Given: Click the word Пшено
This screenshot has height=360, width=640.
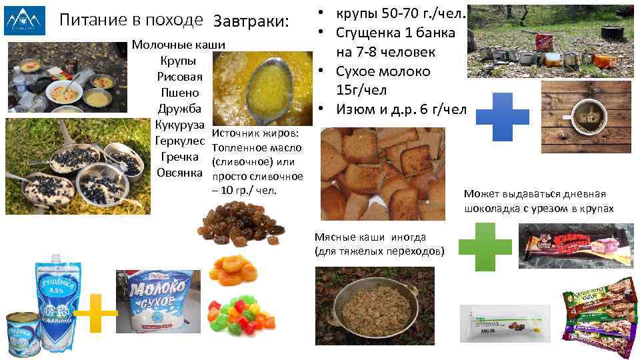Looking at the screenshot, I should click(x=178, y=93).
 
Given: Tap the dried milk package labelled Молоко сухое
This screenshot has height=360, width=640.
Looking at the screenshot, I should click(x=157, y=303).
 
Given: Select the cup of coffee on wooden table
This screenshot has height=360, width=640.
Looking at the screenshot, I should click(x=587, y=113).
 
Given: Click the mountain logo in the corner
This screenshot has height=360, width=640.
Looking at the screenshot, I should click(x=25, y=21).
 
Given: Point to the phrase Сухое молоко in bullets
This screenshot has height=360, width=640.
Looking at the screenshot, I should click(x=383, y=71).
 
